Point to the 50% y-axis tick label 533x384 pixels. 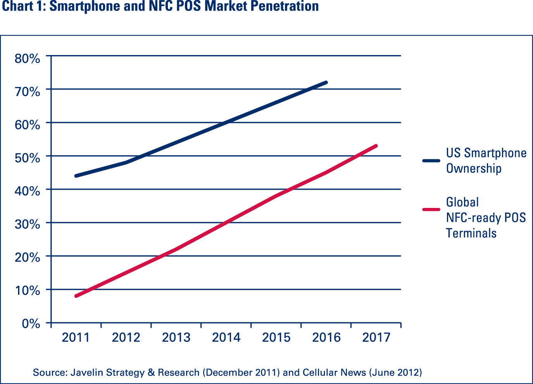[x=27, y=158]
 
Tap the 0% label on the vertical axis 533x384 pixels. [x=31, y=323]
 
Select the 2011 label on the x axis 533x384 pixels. [x=76, y=337]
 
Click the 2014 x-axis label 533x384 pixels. [x=226, y=337]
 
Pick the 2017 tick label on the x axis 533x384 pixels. [x=376, y=337]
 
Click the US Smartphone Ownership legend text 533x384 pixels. [x=486, y=161]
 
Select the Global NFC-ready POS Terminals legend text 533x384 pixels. [x=486, y=218]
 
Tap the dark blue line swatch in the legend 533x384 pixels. [x=431, y=161]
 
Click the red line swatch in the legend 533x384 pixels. [x=431, y=209]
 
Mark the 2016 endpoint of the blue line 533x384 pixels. [x=326, y=83]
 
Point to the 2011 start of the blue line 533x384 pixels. [x=76, y=176]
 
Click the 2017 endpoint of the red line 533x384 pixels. [x=376, y=146]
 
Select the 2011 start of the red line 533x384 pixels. [x=76, y=296]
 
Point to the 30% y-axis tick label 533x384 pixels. [x=27, y=224]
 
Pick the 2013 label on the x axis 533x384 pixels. [x=176, y=337]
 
